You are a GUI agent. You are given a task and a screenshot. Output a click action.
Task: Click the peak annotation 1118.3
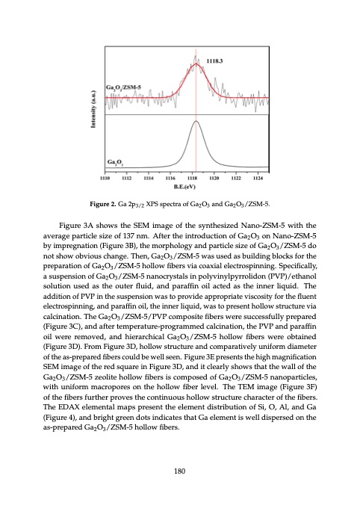(218, 55)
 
